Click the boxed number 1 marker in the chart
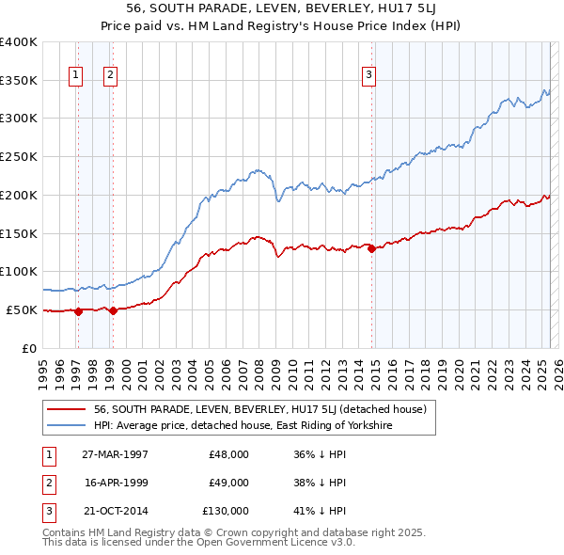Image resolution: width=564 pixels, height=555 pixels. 74,76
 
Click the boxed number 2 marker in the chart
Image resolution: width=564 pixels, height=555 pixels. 110,76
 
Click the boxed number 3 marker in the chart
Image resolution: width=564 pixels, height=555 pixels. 369,76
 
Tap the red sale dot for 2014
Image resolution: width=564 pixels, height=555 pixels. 371,249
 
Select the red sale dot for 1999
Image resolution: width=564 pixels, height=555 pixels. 113,310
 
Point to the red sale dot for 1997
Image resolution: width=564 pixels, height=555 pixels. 79,311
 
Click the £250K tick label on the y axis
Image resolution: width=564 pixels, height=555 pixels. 19,156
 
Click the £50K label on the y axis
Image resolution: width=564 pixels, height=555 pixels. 23,309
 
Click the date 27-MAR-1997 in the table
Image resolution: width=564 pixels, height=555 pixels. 115,454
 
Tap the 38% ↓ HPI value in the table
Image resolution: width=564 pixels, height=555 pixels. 319,483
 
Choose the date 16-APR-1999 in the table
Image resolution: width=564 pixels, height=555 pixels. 115,483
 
